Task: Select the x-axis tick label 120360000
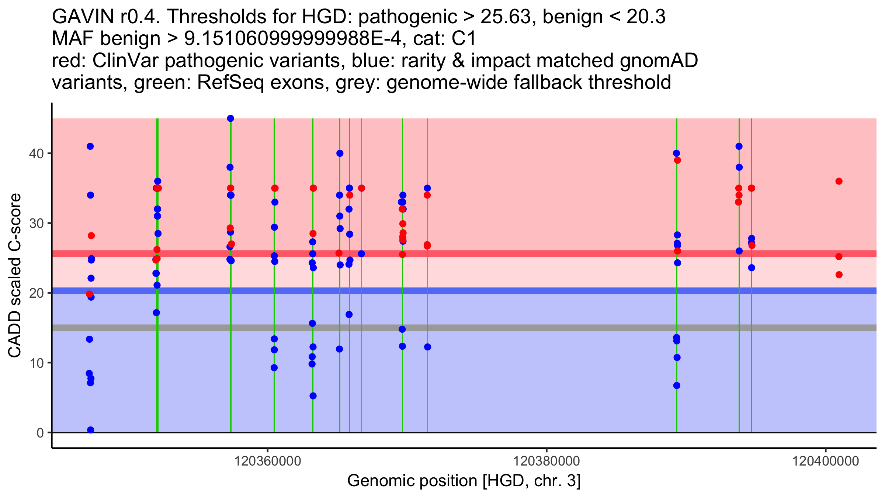coord(268,461)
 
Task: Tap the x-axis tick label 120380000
coord(546,461)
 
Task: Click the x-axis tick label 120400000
coord(826,461)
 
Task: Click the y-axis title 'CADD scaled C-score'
coord(15,276)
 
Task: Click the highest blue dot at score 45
coord(230,118)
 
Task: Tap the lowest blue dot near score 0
coord(91,430)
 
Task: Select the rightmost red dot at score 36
coord(839,181)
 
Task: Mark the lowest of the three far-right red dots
coord(839,275)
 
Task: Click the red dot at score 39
coord(677,160)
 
